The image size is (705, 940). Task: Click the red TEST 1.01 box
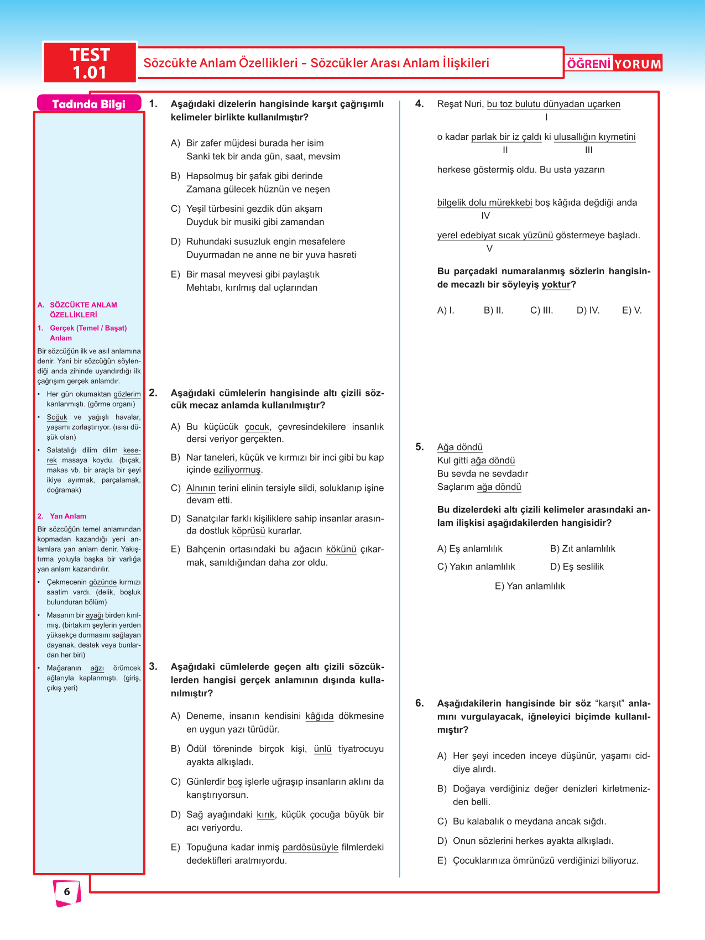point(90,63)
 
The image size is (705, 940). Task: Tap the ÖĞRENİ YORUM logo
point(614,64)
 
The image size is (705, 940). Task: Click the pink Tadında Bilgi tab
point(89,104)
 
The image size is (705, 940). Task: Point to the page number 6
point(67,891)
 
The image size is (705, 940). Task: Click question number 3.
point(153,667)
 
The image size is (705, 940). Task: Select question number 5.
point(420,447)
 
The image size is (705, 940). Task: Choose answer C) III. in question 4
point(541,310)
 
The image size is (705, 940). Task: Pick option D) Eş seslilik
point(577,567)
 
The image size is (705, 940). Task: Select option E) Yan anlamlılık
point(530,586)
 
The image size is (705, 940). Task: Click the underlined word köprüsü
point(248,531)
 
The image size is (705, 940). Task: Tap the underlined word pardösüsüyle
point(310,847)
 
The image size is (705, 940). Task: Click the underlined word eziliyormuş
point(237,470)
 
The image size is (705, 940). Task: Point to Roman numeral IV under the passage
point(485,216)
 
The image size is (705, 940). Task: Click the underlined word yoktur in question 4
point(556,285)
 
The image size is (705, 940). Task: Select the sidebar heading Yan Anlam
point(68,516)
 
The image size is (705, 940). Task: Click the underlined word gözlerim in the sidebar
point(127,394)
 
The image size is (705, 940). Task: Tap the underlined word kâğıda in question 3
point(320,716)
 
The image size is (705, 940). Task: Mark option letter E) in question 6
point(442,860)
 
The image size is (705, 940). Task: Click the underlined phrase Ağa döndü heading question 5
point(459,447)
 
